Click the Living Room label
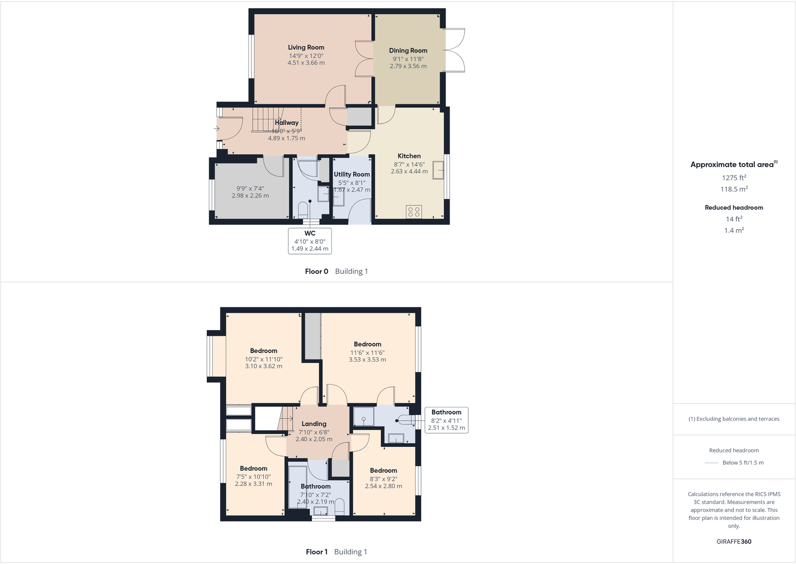[306, 48]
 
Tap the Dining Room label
[408, 51]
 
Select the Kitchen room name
[409, 156]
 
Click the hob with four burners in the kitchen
[414, 212]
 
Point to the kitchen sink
[439, 170]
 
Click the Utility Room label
[352, 175]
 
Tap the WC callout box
[310, 241]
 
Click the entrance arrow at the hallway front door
[216, 129]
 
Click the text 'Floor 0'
[316, 271]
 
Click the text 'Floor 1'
[316, 552]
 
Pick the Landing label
[314, 424]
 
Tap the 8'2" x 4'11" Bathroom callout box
[447, 420]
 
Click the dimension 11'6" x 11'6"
[367, 352]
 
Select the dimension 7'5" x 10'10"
[253, 477]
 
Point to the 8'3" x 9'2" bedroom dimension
[383, 479]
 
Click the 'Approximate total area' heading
[732, 165]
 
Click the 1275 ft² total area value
[734, 178]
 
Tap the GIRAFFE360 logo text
[734, 541]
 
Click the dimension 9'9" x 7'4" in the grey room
[250, 189]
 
